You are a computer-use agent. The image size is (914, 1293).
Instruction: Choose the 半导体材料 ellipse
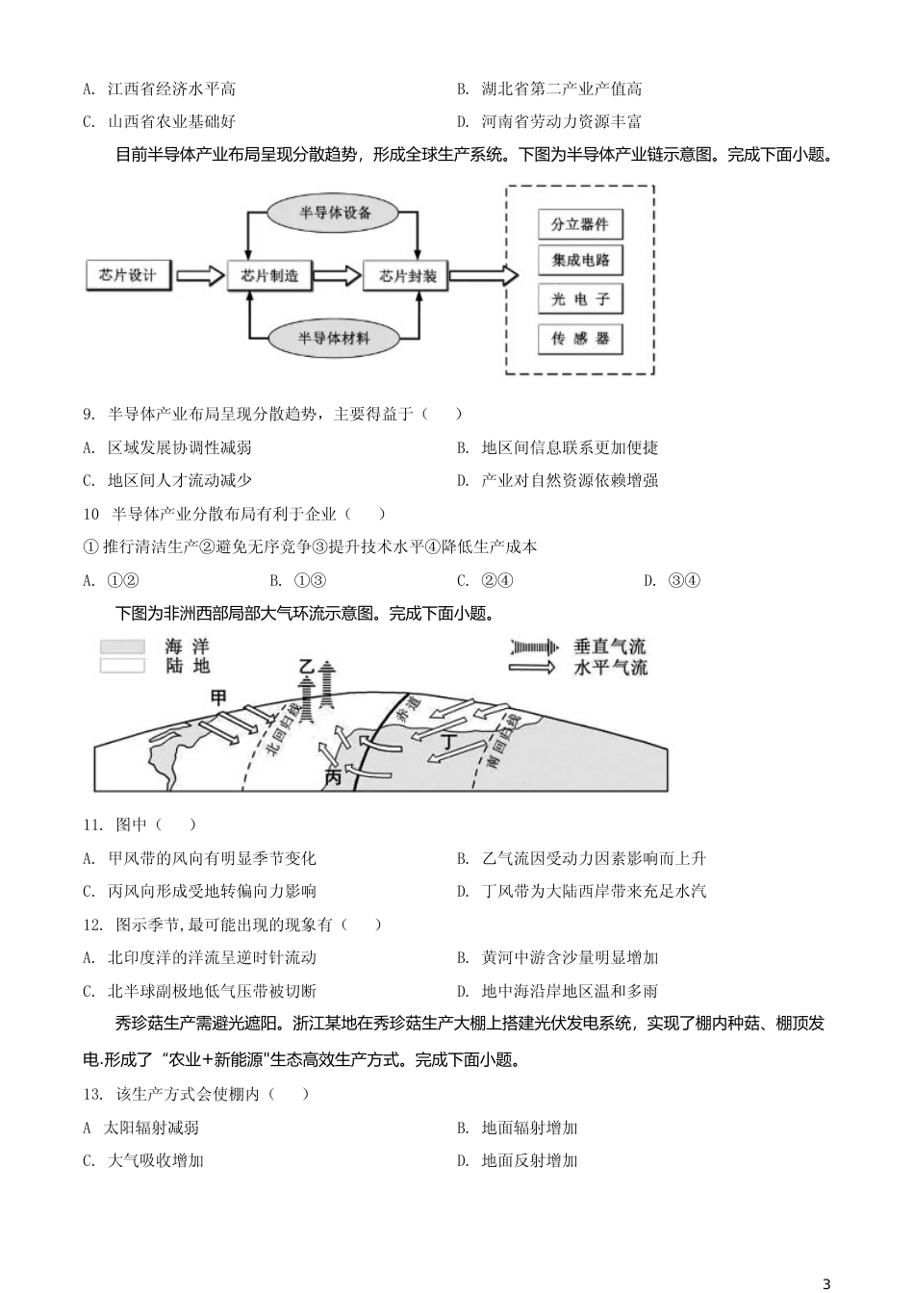pyautogui.click(x=334, y=339)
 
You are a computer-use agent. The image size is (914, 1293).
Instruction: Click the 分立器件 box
pyautogui.click(x=580, y=224)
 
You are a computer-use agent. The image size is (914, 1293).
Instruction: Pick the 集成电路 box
pyautogui.click(x=580, y=261)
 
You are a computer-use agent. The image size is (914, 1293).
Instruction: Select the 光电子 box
pyautogui.click(x=580, y=299)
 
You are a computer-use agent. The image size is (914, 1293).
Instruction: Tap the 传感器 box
pyautogui.click(x=580, y=339)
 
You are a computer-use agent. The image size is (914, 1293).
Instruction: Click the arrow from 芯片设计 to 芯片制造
pyautogui.click(x=199, y=275)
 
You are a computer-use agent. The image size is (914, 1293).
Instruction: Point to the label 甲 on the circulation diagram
pyautogui.click(x=219, y=697)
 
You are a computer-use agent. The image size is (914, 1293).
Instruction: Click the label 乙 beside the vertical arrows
pyautogui.click(x=307, y=667)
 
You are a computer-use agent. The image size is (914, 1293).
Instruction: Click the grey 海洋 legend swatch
pyautogui.click(x=122, y=647)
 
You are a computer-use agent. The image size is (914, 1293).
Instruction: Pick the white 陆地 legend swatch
pyautogui.click(x=122, y=665)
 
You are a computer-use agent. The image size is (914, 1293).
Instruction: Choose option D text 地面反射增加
pyautogui.click(x=529, y=1161)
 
